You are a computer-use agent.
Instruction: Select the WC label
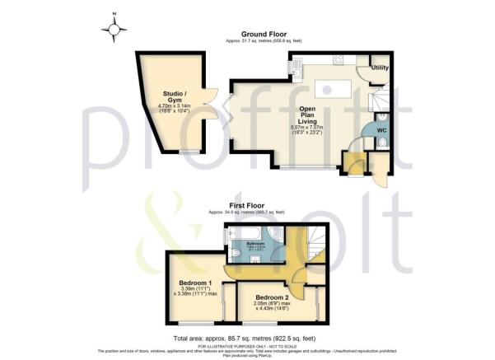(381, 131)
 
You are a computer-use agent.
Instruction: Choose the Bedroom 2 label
(272, 297)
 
